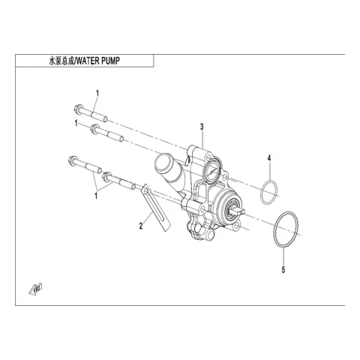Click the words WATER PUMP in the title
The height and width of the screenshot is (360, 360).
(x=98, y=61)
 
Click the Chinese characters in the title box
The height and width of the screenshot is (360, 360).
(x=61, y=61)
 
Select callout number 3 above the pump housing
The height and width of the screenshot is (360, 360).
(x=202, y=127)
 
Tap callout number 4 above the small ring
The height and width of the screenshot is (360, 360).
(x=269, y=158)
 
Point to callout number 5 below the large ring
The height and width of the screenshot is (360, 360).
(x=283, y=270)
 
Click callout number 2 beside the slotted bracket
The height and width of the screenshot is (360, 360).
(x=141, y=226)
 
